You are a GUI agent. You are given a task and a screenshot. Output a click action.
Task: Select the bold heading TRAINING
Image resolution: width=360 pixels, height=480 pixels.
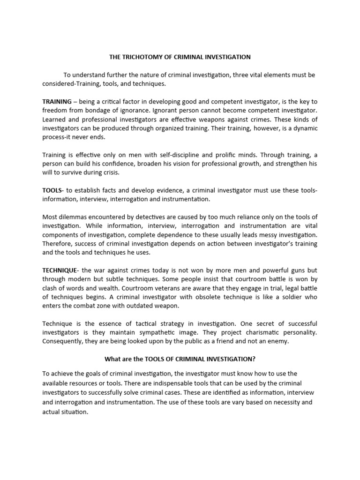pyautogui.click(x=57, y=101)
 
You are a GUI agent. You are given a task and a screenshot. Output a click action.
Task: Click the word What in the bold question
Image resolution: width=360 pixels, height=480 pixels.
pyautogui.click(x=111, y=360)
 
